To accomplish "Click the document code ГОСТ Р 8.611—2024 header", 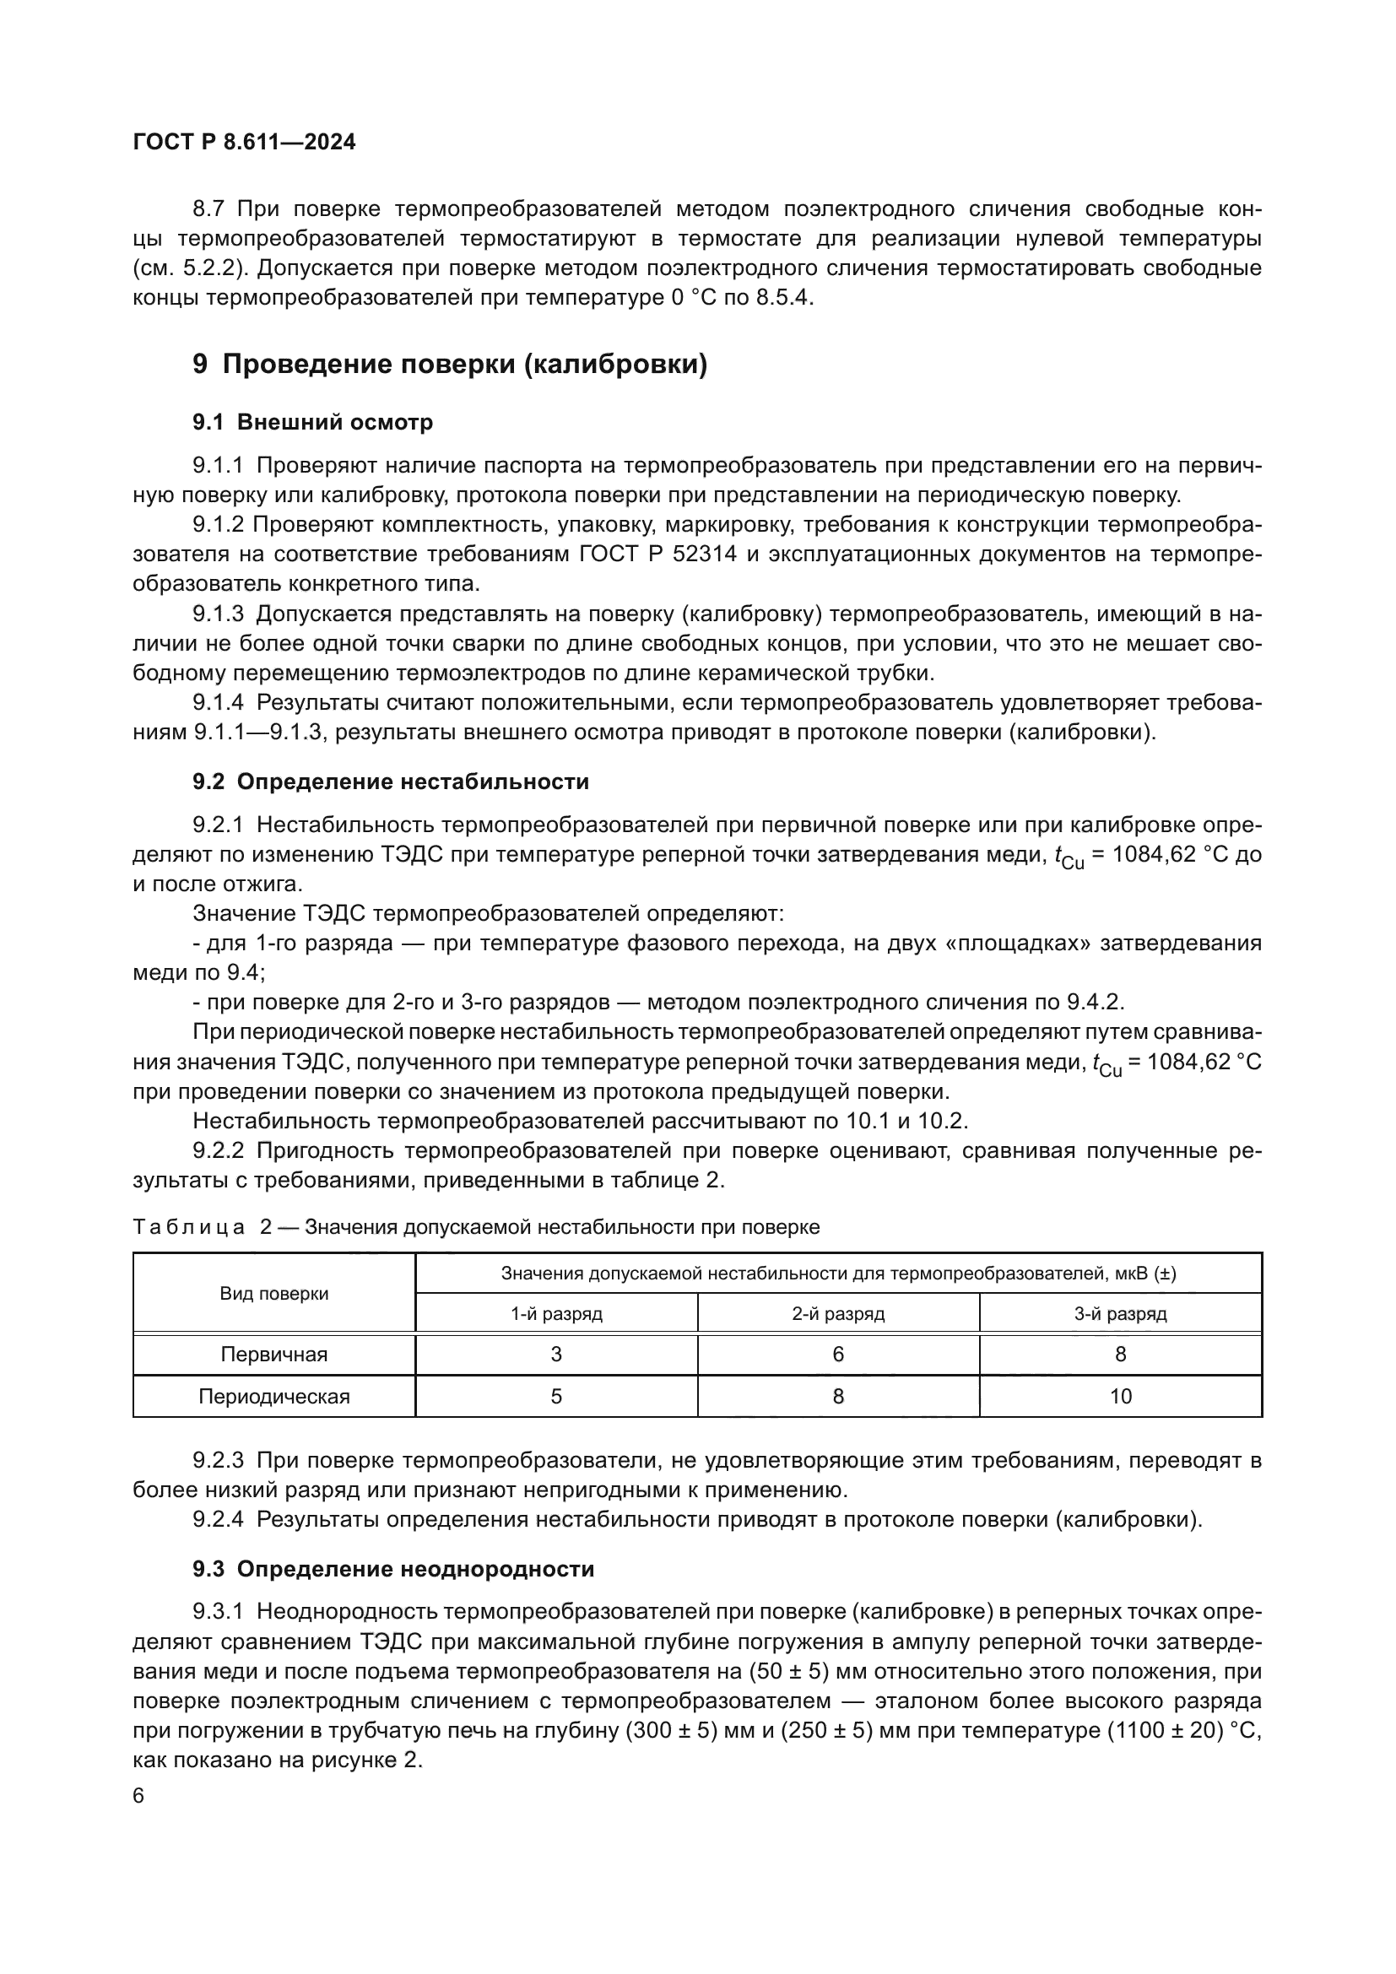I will click(x=244, y=142).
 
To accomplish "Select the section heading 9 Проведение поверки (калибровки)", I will click(x=450, y=365).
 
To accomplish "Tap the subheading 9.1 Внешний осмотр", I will click(x=312, y=422).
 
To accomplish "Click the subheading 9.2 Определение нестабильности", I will click(x=390, y=781).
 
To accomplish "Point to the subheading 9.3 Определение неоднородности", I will click(x=392, y=1569).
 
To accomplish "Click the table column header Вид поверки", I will click(x=273, y=1294).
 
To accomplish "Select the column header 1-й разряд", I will click(x=556, y=1314).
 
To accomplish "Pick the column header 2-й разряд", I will click(x=838, y=1314).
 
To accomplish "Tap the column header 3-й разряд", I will click(x=1120, y=1314).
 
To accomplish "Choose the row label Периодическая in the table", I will click(x=273, y=1396).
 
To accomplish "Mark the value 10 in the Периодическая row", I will click(x=1120, y=1396).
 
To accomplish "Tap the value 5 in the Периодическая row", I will click(x=556, y=1396).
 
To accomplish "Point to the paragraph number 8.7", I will click(x=210, y=209).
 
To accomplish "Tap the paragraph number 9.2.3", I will click(x=219, y=1460).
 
